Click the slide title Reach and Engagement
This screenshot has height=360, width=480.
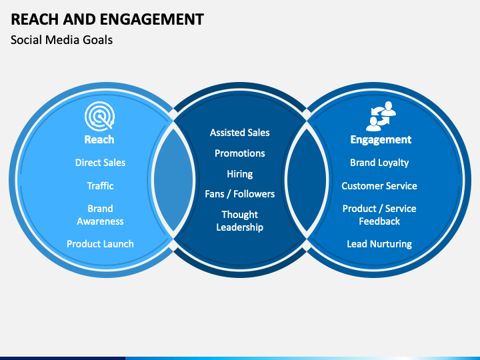(107, 19)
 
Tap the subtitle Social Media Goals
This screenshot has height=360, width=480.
(61, 40)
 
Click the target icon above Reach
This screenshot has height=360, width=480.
(100, 116)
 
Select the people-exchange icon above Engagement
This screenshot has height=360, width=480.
(381, 116)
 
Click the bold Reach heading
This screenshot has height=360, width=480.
(99, 139)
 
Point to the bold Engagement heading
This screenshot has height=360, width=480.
(381, 140)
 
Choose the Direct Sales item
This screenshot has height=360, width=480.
(101, 163)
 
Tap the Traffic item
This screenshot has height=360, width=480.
(101, 186)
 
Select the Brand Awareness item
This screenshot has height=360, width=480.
(100, 215)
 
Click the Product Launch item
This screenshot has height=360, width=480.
(101, 244)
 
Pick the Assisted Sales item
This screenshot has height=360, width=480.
(240, 133)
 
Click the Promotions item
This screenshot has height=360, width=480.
(240, 153)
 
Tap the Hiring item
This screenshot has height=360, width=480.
(240, 174)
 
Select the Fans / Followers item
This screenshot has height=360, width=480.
(240, 194)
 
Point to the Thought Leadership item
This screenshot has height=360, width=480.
(240, 221)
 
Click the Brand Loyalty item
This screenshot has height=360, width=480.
(379, 163)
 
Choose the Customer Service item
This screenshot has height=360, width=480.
(379, 186)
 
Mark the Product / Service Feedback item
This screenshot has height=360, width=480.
(379, 215)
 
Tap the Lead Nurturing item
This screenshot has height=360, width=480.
(379, 244)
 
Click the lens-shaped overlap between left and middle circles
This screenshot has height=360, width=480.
(173, 180)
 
